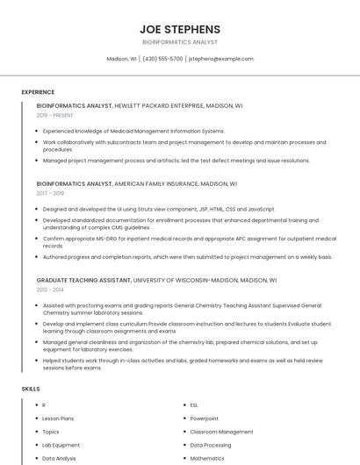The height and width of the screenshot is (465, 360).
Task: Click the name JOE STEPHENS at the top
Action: pyautogui.click(x=180, y=29)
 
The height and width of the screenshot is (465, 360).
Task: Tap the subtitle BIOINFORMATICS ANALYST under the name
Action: pyautogui.click(x=180, y=42)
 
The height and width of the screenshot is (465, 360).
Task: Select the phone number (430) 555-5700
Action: pyautogui.click(x=162, y=59)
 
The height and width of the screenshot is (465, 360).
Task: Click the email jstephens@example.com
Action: pyautogui.click(x=221, y=59)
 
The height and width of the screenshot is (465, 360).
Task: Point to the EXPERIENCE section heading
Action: pyautogui.click(x=38, y=92)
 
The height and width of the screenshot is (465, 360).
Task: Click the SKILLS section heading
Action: pyautogui.click(x=31, y=388)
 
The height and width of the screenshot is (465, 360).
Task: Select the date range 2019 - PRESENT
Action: pyautogui.click(x=55, y=115)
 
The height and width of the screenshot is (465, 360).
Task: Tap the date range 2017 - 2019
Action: pyautogui.click(x=50, y=193)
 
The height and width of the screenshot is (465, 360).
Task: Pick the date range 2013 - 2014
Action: pyautogui.click(x=50, y=289)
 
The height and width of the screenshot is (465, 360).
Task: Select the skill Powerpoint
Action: pyautogui.click(x=205, y=418)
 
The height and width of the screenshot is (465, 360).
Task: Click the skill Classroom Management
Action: pyautogui.click(x=221, y=432)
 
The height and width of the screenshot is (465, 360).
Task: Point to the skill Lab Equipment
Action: pyautogui.click(x=61, y=445)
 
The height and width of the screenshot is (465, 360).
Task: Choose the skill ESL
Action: pyautogui.click(x=194, y=405)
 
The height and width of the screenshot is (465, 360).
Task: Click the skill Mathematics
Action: pyautogui.click(x=207, y=458)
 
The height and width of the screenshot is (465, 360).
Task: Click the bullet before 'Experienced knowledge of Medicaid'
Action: pyautogui.click(x=37, y=131)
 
